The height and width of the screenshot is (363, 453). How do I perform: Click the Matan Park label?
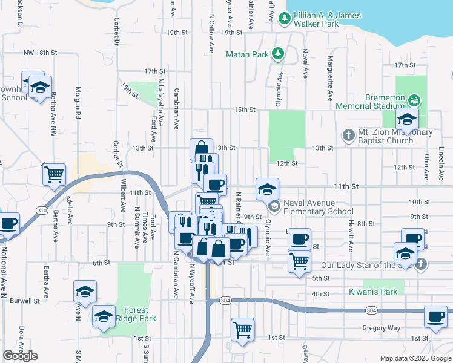point(246,54)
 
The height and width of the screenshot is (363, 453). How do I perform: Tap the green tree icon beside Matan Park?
point(278,54)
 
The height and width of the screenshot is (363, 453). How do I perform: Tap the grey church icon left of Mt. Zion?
point(348,135)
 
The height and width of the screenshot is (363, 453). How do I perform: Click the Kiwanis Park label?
point(373,292)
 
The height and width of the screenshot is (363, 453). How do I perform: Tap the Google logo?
point(20,356)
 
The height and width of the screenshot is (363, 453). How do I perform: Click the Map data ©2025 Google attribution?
point(415,358)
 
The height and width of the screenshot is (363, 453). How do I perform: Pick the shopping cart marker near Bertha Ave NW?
point(54,174)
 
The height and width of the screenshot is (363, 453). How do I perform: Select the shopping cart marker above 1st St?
point(242,330)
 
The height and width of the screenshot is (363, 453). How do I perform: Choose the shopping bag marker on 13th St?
point(201,148)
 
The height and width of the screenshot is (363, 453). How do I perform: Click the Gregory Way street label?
point(381,328)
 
